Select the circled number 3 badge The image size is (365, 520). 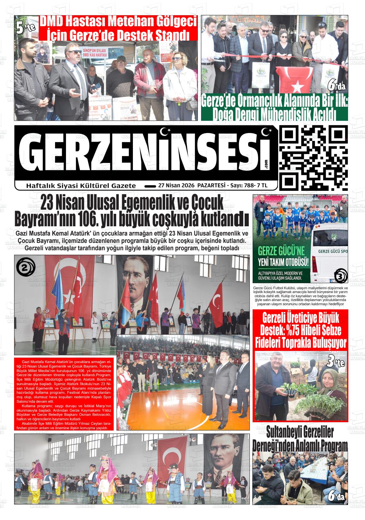(340, 276)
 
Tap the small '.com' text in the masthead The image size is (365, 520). (266, 164)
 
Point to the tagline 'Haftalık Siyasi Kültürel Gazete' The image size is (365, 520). (81, 186)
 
